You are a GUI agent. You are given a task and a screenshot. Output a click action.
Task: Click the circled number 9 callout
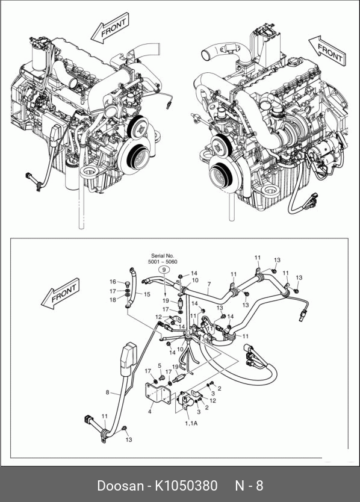(x=164, y=270)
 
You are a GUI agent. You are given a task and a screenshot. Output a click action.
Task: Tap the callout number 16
(x=113, y=282)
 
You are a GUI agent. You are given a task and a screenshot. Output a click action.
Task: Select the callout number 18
(x=113, y=300)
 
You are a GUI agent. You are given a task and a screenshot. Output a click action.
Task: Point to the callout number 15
(x=147, y=294)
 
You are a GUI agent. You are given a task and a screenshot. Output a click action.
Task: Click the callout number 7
(x=209, y=284)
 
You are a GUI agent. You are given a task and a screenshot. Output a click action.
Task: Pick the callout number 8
(x=108, y=392)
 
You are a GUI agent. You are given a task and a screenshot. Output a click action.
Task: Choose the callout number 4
(x=149, y=411)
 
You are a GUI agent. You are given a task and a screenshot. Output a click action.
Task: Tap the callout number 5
(x=160, y=365)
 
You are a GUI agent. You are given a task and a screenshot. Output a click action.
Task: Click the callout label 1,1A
(x=191, y=423)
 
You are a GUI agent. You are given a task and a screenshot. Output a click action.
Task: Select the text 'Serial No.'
(x=163, y=256)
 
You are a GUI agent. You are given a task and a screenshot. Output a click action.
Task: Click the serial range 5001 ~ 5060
(x=163, y=262)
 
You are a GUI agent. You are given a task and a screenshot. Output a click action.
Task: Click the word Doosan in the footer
(x=120, y=486)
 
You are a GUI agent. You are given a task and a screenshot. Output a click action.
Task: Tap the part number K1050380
(x=187, y=486)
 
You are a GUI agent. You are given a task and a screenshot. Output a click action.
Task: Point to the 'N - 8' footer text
(x=249, y=486)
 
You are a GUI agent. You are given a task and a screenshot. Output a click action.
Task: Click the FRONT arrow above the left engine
(x=110, y=28)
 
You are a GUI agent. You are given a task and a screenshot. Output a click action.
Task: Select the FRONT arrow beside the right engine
(x=327, y=51)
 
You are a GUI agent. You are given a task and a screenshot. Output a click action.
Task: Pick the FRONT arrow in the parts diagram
(x=60, y=294)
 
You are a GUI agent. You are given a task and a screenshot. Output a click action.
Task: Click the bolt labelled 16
(x=127, y=284)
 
